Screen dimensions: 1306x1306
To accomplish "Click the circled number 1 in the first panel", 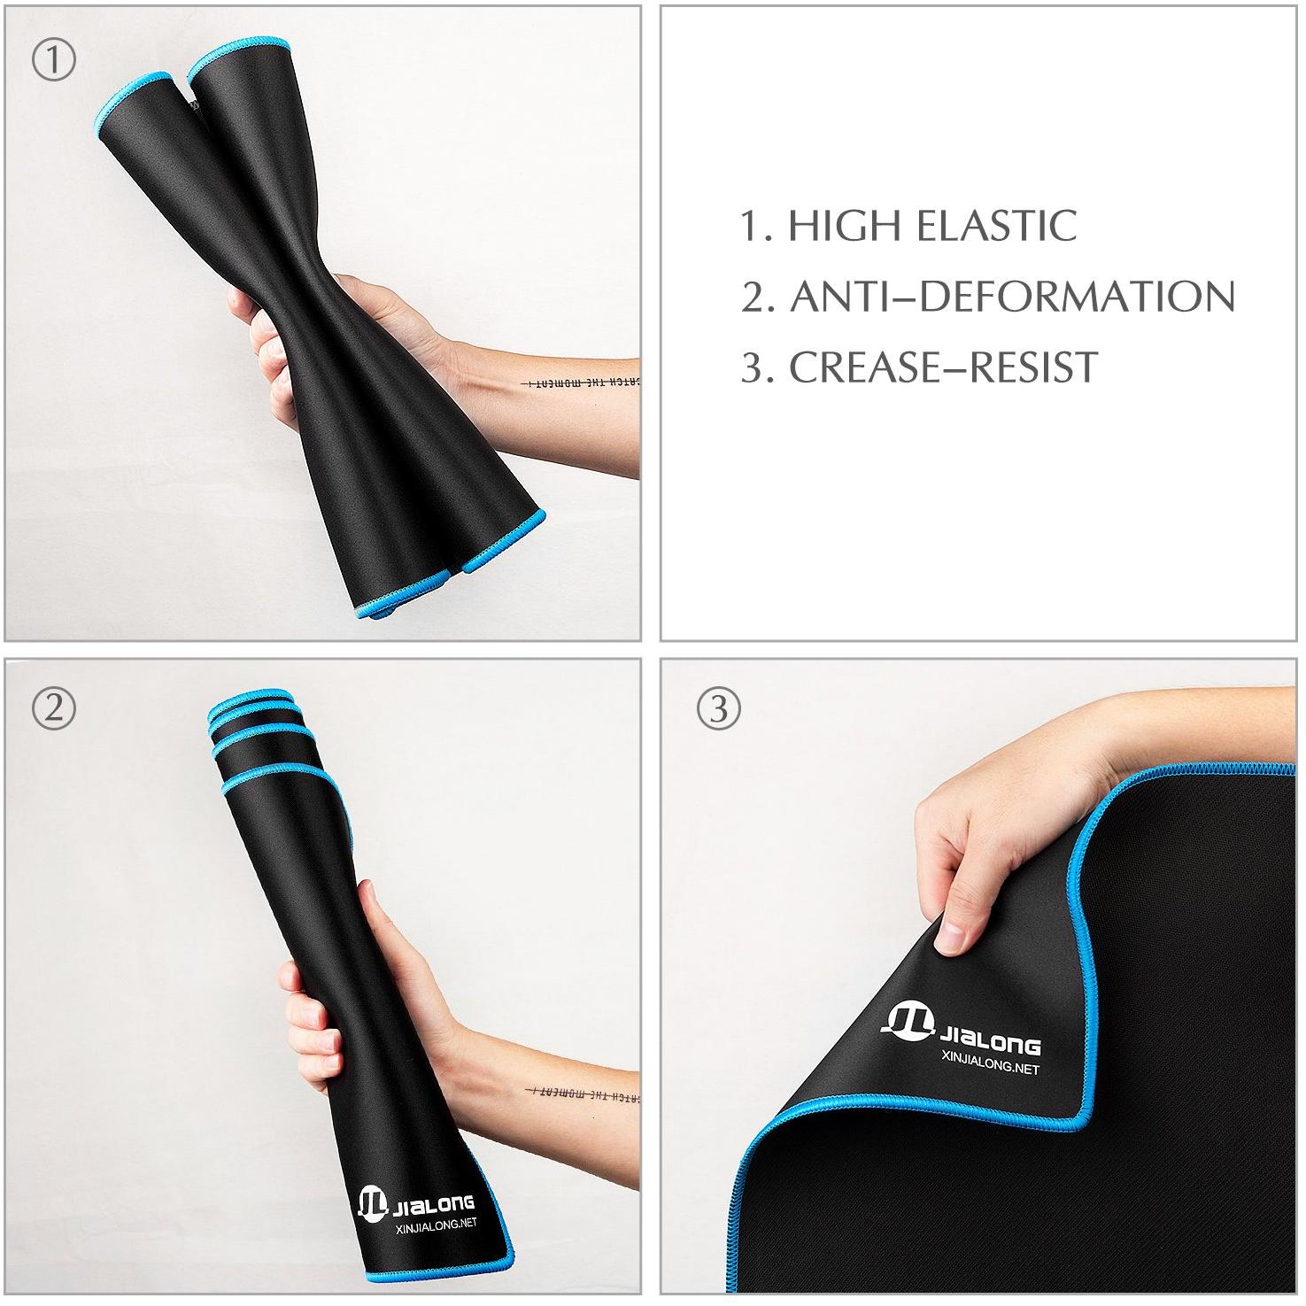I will pyautogui.click(x=53, y=60).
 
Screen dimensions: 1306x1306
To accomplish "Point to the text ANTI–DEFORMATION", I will pyautogui.click(x=1012, y=297).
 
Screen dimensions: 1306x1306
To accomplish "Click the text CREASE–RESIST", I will pyautogui.click(x=943, y=367).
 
